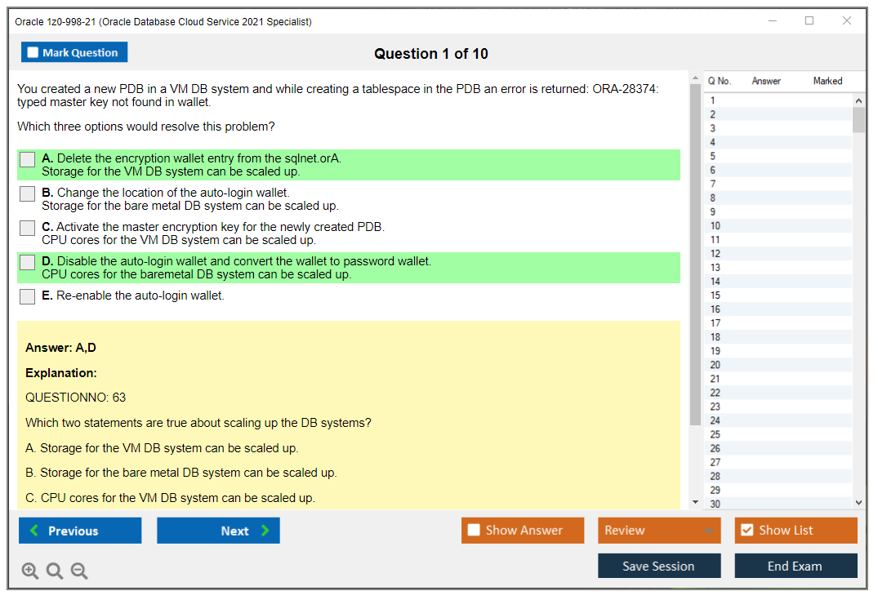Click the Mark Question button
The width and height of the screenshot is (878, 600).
click(74, 52)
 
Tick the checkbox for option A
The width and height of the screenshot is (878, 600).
click(28, 159)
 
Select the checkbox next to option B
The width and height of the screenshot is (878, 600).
click(28, 193)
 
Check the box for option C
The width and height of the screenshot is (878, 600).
click(28, 228)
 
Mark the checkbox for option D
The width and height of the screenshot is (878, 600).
click(28, 262)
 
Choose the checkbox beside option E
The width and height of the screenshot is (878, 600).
click(28, 296)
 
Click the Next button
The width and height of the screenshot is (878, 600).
click(218, 531)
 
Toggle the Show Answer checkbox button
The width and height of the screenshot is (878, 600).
click(523, 531)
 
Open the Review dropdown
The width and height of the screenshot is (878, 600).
click(659, 531)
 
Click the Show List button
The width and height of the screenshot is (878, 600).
click(796, 531)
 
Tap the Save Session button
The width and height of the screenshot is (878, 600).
click(659, 566)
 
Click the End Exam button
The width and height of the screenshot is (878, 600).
click(796, 566)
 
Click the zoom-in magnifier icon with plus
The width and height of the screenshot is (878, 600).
click(29, 571)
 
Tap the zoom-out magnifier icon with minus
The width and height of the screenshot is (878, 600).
click(79, 571)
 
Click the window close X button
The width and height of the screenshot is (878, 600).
click(847, 20)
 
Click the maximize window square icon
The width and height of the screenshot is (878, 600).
click(809, 20)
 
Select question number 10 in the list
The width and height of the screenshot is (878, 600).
click(715, 225)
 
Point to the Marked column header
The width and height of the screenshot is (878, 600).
click(827, 81)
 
